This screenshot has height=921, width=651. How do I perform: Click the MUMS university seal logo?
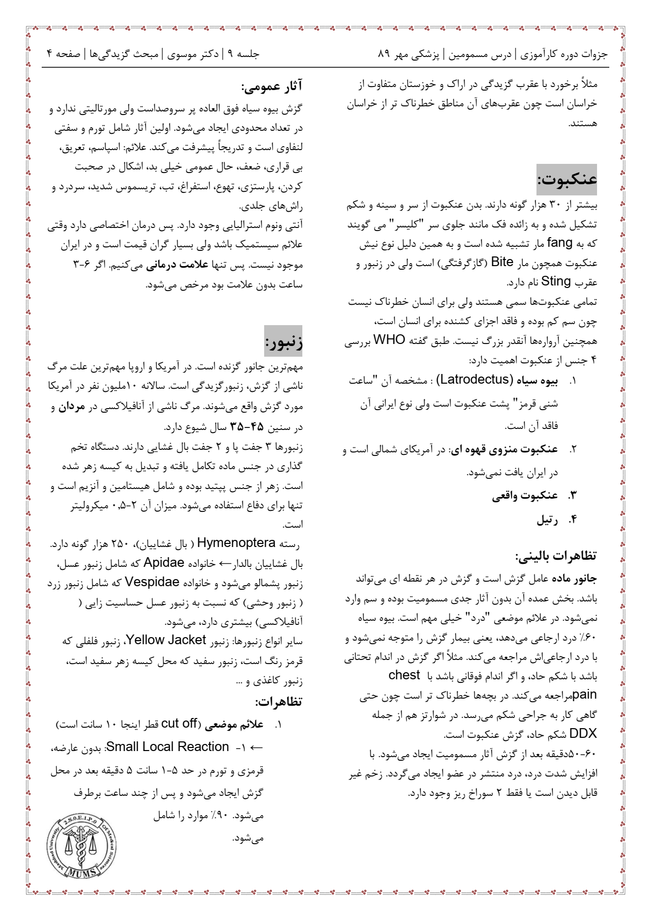[81, 846]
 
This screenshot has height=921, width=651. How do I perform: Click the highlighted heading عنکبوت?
[567, 179]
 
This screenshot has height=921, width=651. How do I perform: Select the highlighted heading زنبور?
[284, 341]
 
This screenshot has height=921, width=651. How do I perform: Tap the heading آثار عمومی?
[272, 86]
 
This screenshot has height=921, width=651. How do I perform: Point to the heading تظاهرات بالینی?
[556, 556]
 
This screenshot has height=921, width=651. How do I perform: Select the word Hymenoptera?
[237, 543]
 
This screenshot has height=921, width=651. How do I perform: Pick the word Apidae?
[164, 563]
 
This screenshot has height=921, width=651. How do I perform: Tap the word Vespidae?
[152, 582]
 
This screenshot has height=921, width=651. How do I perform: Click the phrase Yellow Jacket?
[166, 640]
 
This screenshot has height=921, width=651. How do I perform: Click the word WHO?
[389, 340]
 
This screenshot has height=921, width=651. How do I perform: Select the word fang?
[560, 243]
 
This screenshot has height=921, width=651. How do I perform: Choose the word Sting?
[556, 281]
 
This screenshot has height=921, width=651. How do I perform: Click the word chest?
[404, 675]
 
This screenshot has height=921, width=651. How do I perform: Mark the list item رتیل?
[548, 520]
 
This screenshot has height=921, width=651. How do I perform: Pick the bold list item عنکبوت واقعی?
[525, 496]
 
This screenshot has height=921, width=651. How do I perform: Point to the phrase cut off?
[179, 724]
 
